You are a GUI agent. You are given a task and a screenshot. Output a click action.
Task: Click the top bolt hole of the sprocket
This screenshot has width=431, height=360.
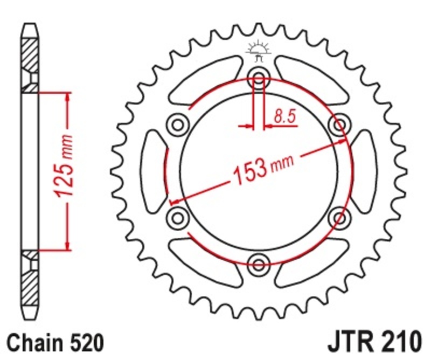[259, 78]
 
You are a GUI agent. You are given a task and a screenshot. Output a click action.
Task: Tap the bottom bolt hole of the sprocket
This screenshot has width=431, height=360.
[259, 264]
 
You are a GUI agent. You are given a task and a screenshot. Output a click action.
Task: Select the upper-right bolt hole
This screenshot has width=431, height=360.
[339, 124]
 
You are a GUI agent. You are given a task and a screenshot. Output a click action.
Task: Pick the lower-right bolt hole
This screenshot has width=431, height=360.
[339, 217]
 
